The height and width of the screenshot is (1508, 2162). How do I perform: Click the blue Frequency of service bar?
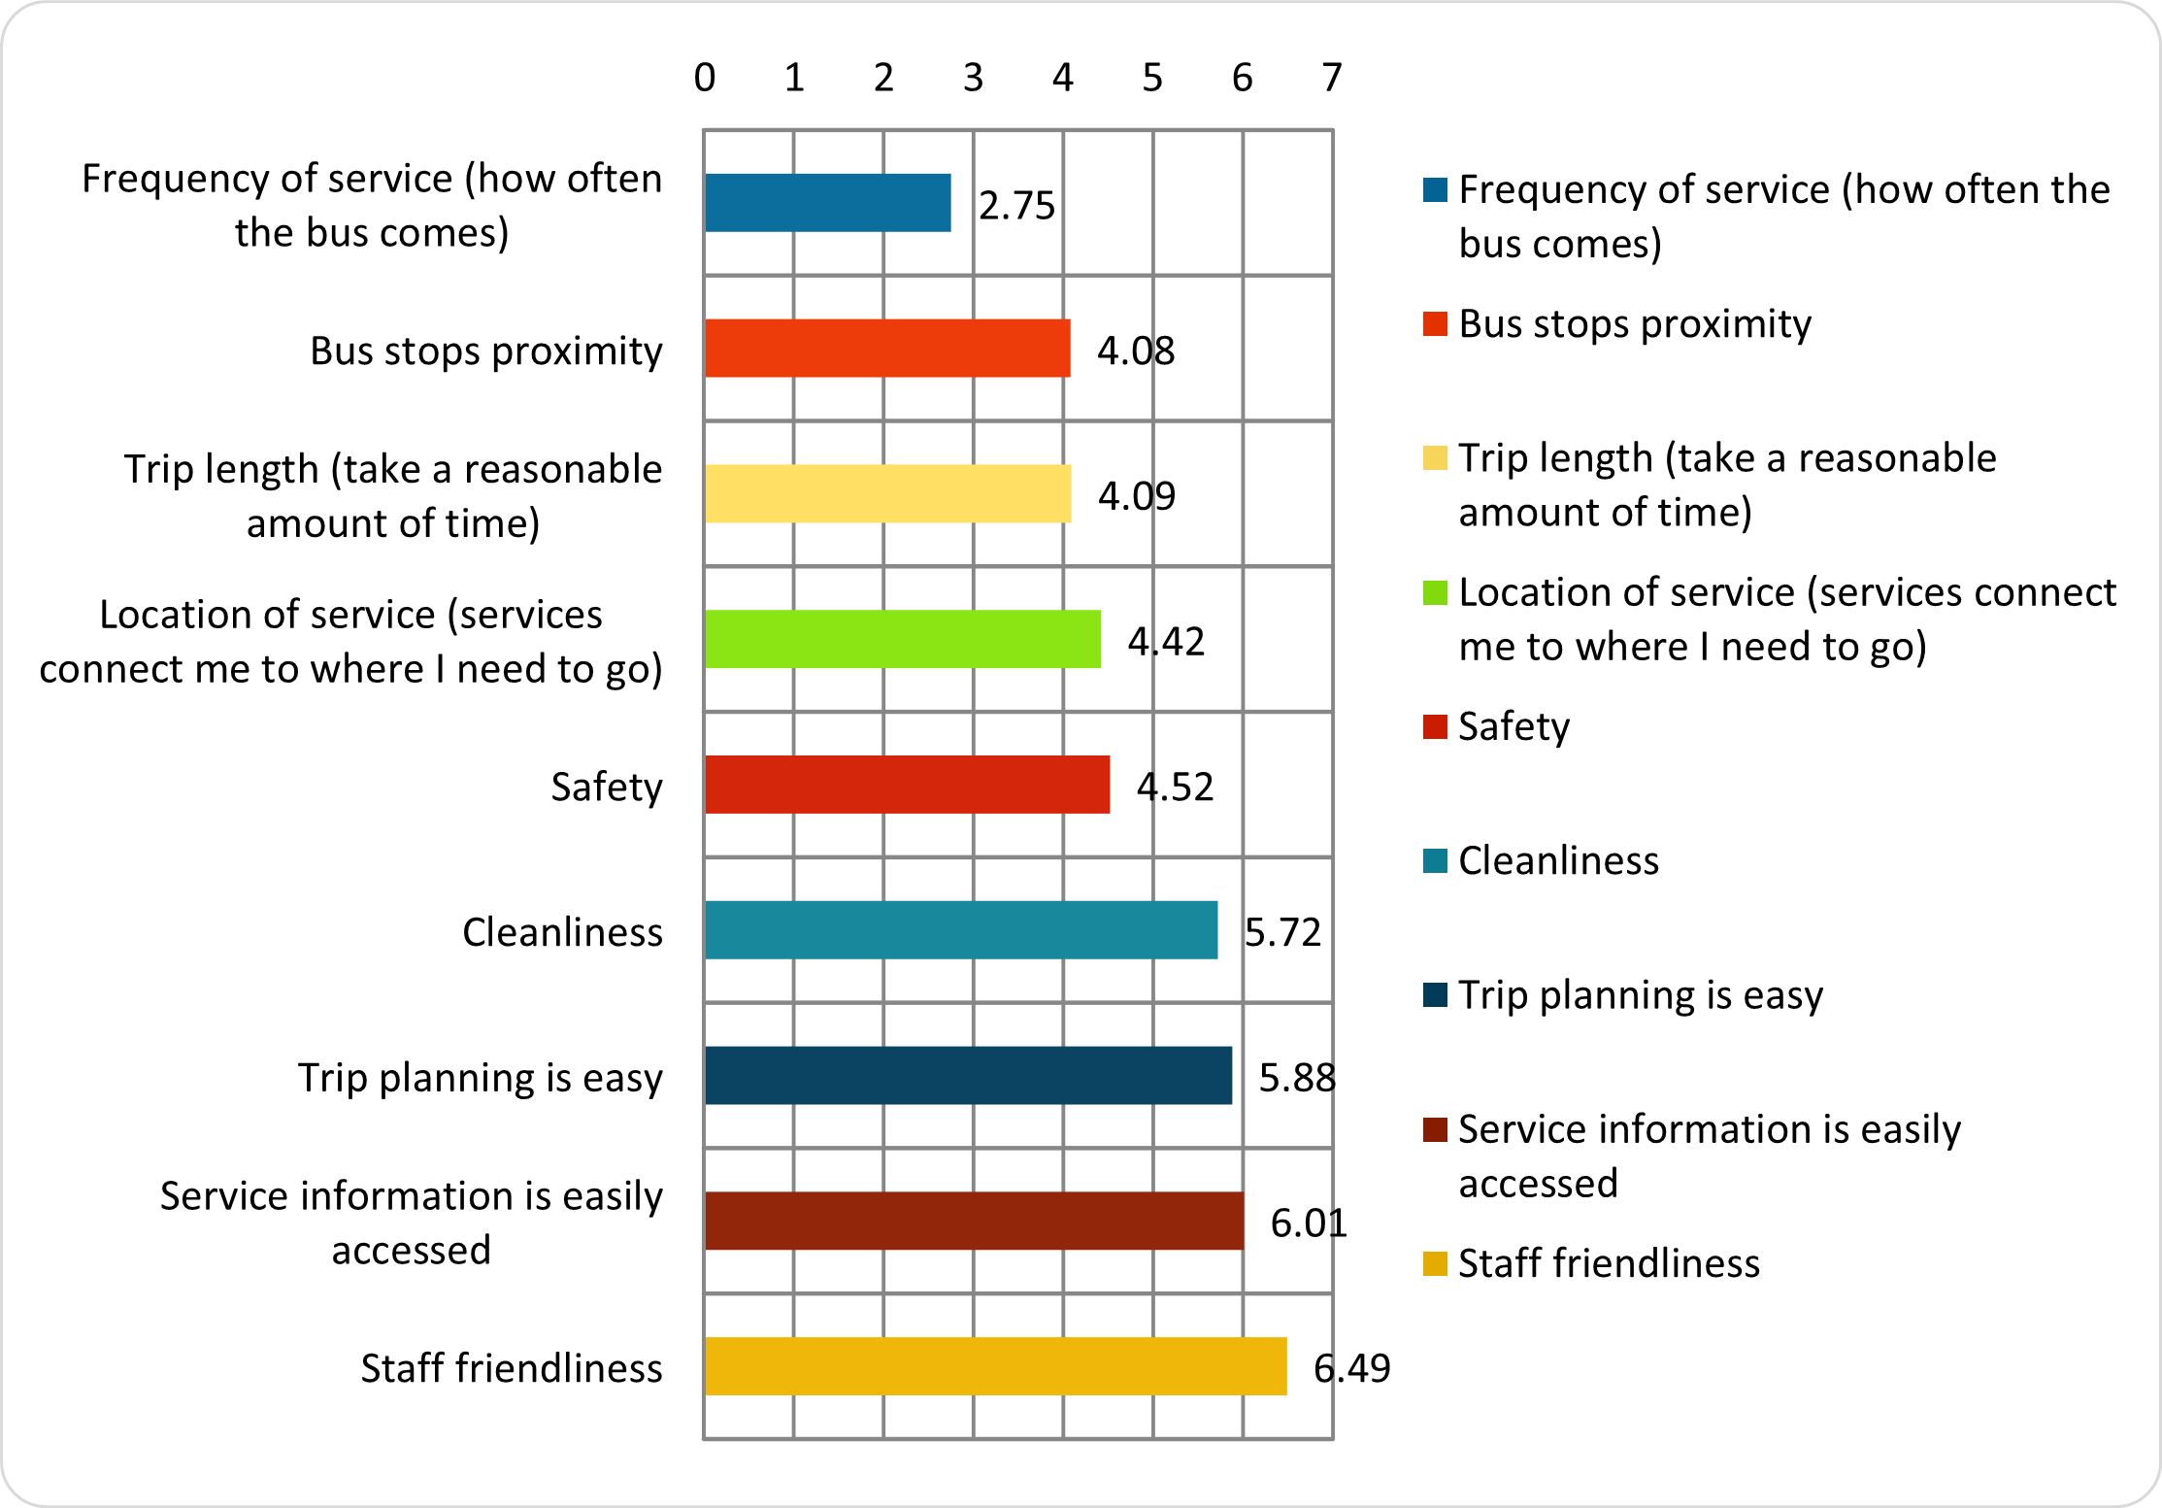[x=827, y=203]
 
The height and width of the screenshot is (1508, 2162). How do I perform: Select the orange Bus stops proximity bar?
[x=887, y=349]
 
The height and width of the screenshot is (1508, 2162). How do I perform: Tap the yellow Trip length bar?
[x=887, y=494]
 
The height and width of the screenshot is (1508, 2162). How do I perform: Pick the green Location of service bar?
[x=903, y=639]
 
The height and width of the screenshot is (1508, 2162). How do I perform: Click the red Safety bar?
[x=907, y=785]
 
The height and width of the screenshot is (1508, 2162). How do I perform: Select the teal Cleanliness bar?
[x=961, y=930]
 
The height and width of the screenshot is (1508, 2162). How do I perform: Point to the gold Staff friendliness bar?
[x=995, y=1366]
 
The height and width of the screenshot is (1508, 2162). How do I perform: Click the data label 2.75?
[x=1016, y=205]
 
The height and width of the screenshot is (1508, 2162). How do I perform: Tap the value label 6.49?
[x=1351, y=1368]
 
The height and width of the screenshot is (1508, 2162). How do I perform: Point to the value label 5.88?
[x=1297, y=1077]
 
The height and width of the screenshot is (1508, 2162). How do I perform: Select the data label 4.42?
[x=1166, y=641]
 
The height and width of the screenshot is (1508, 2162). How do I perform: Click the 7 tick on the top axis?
[x=1332, y=78]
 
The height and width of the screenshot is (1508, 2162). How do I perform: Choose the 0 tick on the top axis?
[x=705, y=78]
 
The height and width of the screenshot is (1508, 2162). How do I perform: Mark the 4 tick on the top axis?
[x=1063, y=78]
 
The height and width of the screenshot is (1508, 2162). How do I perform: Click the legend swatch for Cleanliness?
[x=1435, y=860]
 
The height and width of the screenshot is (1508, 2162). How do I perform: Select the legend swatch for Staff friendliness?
[x=1435, y=1263]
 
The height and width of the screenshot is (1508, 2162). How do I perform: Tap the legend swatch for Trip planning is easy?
[x=1435, y=994]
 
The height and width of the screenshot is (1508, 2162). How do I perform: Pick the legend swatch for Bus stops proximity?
[x=1435, y=323]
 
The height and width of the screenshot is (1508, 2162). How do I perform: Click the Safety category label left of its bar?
[x=606, y=787]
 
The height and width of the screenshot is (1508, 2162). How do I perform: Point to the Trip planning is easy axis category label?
[x=480, y=1078]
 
